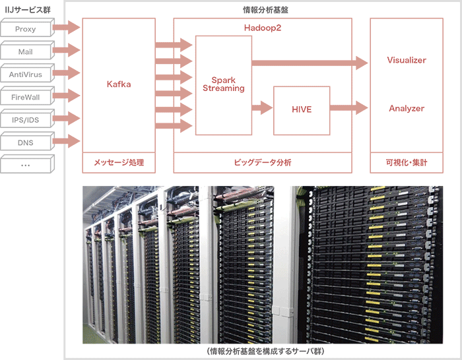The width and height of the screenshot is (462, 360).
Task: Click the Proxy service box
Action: click(x=25, y=29)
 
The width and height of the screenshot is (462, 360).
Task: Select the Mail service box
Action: click(x=25, y=51)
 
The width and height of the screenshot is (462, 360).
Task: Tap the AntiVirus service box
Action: click(x=25, y=75)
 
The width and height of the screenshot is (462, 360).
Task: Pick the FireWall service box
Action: click(x=25, y=97)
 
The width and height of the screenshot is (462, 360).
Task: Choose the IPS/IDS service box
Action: click(x=25, y=120)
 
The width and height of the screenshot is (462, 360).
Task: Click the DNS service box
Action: click(x=25, y=142)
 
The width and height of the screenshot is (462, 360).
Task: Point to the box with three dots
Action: click(x=25, y=165)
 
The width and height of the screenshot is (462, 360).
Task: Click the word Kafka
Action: click(x=119, y=84)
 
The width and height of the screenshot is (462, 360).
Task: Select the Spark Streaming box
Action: click(x=224, y=84)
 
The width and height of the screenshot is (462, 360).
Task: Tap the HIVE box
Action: click(x=301, y=108)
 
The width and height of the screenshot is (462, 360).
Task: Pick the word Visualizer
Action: click(x=407, y=60)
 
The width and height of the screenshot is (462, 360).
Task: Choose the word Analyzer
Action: click(x=407, y=108)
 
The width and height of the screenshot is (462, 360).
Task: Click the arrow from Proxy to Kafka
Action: click(x=65, y=28)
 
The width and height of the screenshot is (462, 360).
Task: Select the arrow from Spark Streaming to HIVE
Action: click(x=262, y=107)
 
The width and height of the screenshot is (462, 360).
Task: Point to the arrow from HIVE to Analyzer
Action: click(x=349, y=107)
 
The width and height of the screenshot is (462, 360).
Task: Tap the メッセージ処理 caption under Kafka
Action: click(x=119, y=162)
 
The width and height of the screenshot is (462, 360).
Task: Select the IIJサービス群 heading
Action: click(x=24, y=9)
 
